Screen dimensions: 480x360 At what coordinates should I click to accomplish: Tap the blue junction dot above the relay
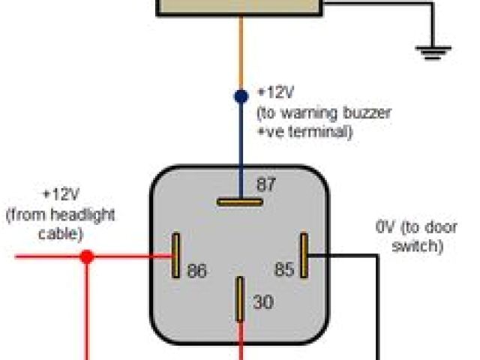241,97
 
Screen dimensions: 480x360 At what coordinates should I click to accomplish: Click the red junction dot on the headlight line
87,256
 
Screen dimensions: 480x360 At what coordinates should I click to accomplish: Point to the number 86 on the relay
196,270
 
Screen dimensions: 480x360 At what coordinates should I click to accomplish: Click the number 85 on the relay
284,269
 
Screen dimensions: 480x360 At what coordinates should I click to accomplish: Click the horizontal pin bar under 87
240,202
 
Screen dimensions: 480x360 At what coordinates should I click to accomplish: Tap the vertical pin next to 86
176,254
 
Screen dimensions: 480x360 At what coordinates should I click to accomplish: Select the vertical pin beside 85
304,255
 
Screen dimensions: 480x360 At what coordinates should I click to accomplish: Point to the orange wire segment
241,52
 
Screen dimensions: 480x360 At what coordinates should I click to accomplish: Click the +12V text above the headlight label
61,195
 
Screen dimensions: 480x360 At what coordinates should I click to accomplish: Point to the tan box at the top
240,7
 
